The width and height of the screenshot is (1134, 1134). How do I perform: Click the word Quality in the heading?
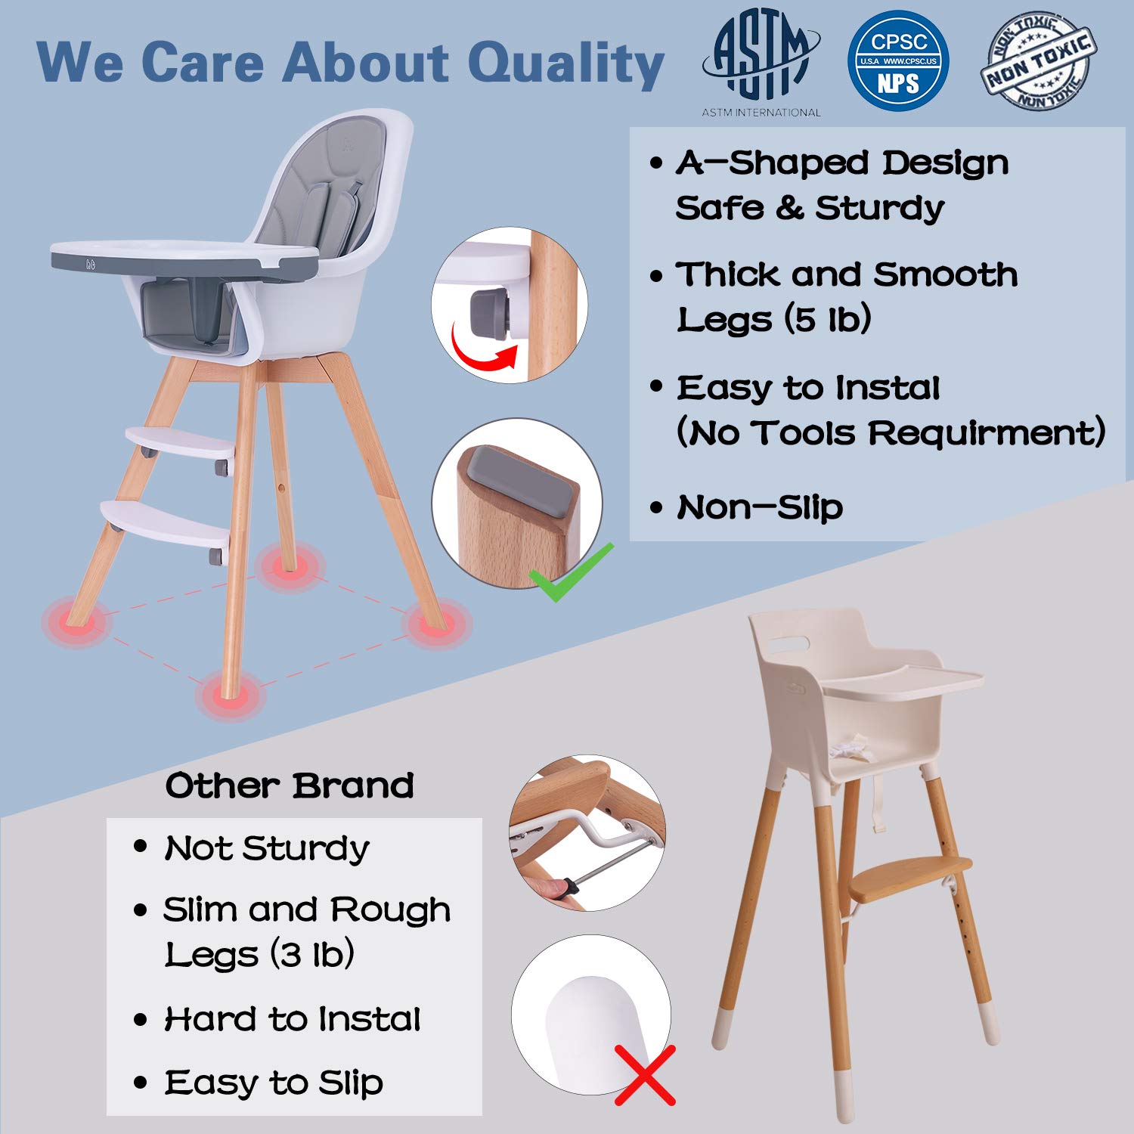click(565, 64)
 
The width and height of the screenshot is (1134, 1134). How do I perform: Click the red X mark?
click(644, 1074)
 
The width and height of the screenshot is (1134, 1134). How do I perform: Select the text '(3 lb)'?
click(312, 955)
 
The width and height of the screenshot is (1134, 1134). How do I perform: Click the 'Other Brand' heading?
click(290, 786)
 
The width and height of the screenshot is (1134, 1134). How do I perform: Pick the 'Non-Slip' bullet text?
click(759, 507)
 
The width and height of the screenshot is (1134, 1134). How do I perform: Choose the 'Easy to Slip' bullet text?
click(274, 1083)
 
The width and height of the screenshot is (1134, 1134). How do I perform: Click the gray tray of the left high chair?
click(181, 260)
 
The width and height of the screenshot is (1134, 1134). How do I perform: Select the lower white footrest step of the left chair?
click(166, 522)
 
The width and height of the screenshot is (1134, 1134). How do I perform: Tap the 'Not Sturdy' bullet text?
click(267, 848)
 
